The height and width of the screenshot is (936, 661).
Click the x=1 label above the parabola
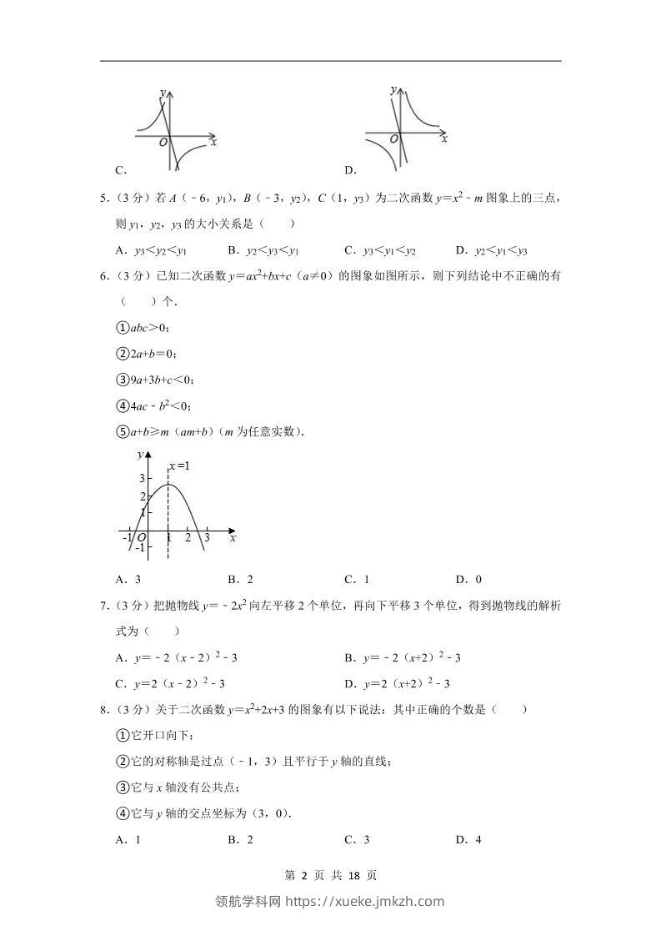[x=178, y=465]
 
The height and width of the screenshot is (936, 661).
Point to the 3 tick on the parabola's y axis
[x=142, y=479]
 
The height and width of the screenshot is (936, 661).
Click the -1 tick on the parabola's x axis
[x=127, y=539]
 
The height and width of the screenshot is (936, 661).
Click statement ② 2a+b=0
[x=147, y=354]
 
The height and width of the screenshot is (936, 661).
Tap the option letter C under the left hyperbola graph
[x=121, y=171]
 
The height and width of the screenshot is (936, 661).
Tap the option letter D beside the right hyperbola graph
[x=350, y=171]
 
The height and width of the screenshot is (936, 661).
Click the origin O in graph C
[x=163, y=143]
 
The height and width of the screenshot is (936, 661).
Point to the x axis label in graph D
[x=444, y=139]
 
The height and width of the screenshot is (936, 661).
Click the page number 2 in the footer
[x=304, y=876]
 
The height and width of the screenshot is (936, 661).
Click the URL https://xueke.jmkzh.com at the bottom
[x=365, y=901]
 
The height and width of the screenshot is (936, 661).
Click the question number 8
[x=103, y=710]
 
